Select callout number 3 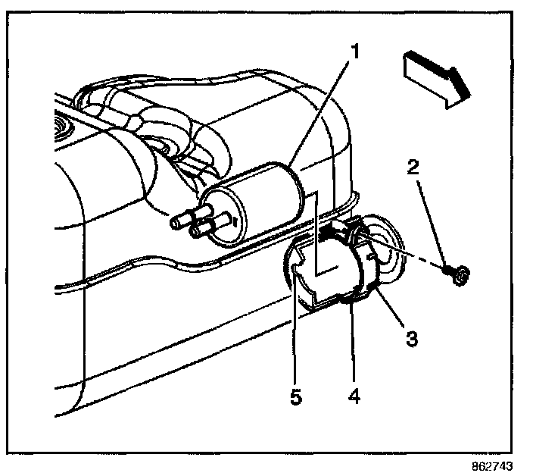coord(410,338)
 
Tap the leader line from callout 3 coord(391,311)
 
